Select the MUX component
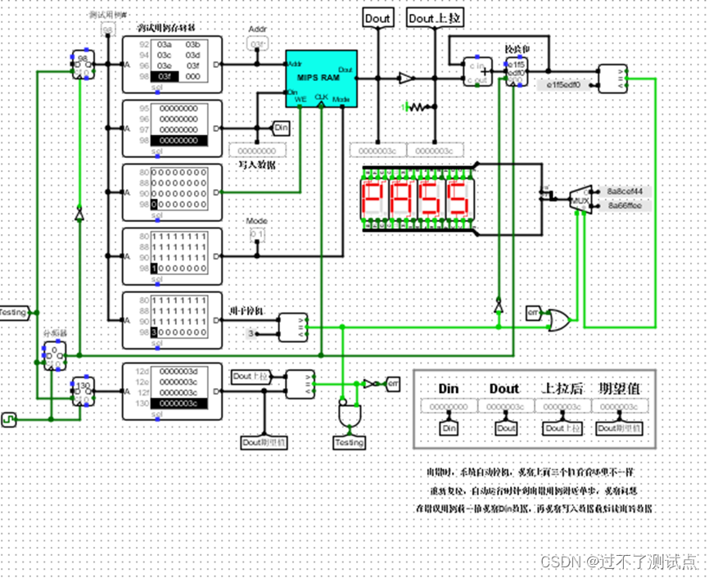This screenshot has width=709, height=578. point(580,199)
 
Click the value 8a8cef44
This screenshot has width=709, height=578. point(624,191)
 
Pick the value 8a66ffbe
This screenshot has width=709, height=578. point(624,205)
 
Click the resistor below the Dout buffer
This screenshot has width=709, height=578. point(419,106)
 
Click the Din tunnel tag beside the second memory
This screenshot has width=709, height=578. point(281,128)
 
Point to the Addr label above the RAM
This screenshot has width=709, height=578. point(257,29)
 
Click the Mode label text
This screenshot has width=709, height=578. point(257,221)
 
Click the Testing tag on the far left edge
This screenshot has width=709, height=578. point(14,312)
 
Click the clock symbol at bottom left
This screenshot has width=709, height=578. point(11,420)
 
